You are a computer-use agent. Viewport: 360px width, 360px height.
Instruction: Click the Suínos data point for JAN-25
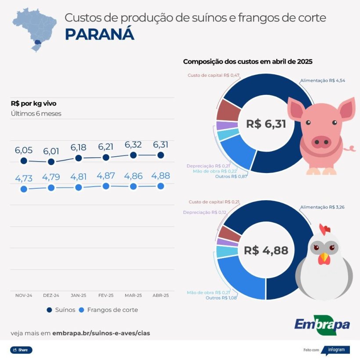tap(79, 158)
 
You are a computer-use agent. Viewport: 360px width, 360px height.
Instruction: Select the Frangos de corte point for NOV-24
tap(24, 189)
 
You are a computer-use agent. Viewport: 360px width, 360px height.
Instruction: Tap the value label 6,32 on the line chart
tap(133, 145)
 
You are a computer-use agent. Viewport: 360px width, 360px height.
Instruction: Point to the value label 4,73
tap(24, 179)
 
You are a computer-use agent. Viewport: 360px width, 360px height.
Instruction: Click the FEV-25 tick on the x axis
tap(106, 295)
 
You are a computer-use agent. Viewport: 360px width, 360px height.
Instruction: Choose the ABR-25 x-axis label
tap(160, 295)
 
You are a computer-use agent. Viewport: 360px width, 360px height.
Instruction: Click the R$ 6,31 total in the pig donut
tap(266, 124)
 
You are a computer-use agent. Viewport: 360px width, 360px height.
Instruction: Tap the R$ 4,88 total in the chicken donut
tap(266, 251)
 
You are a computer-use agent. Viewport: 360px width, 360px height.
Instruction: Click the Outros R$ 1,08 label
tap(221, 298)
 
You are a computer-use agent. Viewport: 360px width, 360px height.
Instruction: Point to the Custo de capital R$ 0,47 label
tap(213, 76)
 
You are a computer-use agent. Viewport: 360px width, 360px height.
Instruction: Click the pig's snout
tap(321, 141)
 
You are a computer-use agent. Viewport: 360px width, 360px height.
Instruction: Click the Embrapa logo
tap(322, 325)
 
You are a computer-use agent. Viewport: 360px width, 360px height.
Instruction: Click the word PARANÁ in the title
tap(99, 35)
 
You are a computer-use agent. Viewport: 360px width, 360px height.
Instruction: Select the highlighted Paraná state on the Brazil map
tap(38, 42)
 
